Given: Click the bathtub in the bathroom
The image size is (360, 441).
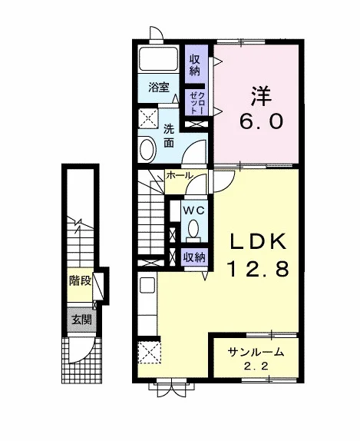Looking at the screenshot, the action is coord(158,59).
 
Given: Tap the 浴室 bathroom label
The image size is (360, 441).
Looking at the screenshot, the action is coord(159,88).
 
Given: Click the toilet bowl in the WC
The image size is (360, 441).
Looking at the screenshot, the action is coord(193,228).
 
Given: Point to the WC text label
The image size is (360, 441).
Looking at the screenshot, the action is coord(193,210).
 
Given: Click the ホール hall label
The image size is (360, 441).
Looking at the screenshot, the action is coord(179,175).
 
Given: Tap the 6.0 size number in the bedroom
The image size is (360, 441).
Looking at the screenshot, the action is coord(260,122).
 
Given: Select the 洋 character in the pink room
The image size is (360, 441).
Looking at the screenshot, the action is coord(261,96).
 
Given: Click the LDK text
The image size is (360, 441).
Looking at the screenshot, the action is coord(258,241).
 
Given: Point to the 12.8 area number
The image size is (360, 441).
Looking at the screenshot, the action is coord(258,269).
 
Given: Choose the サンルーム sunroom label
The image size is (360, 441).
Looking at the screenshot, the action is coord(256,352).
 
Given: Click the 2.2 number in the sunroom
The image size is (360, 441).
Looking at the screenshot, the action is coord(256,366).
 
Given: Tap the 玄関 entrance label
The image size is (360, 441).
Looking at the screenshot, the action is coord(81,320).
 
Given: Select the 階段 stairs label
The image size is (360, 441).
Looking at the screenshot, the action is coord(81,280).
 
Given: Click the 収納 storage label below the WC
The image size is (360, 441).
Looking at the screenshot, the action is coord(194,257).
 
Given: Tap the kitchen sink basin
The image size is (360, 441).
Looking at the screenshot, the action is coord(147,285).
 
